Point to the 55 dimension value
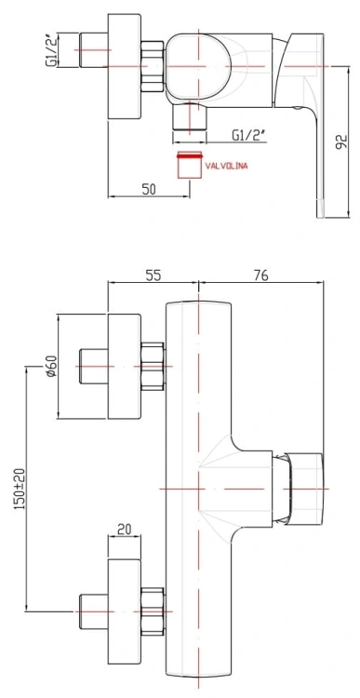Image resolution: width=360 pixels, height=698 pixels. pos(153,275)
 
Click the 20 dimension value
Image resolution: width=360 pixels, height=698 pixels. pos(124,530)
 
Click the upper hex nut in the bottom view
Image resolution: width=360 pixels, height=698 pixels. pos(152,367)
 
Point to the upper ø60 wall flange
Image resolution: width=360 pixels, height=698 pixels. pos(125,367)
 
